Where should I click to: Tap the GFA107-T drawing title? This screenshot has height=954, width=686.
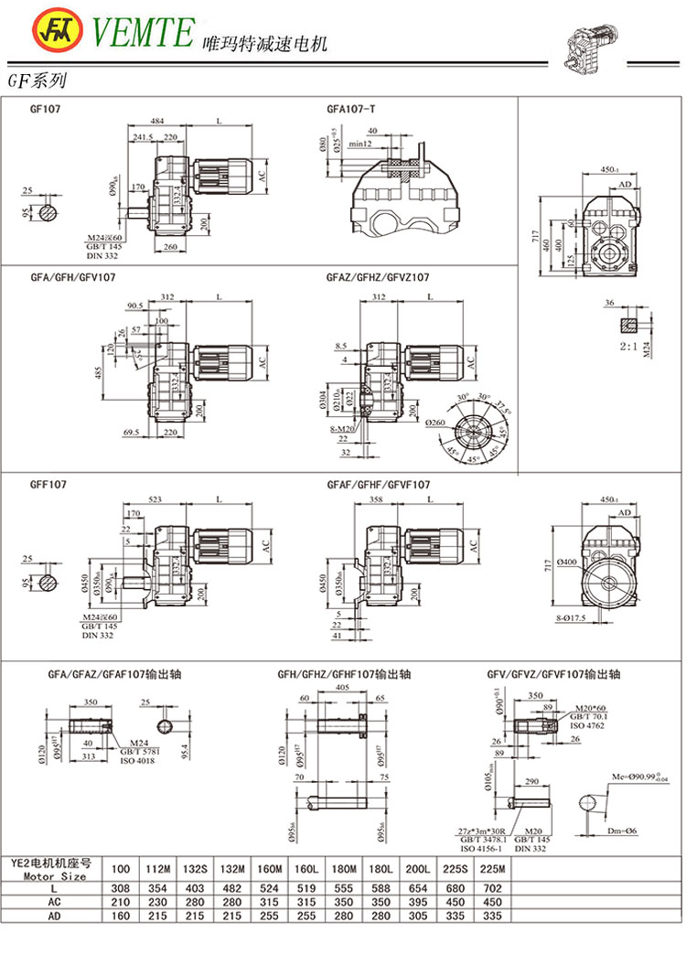tap(351, 109)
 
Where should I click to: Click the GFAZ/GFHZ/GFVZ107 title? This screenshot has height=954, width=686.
tap(378, 276)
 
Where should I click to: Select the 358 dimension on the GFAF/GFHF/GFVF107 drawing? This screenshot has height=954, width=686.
tap(374, 499)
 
